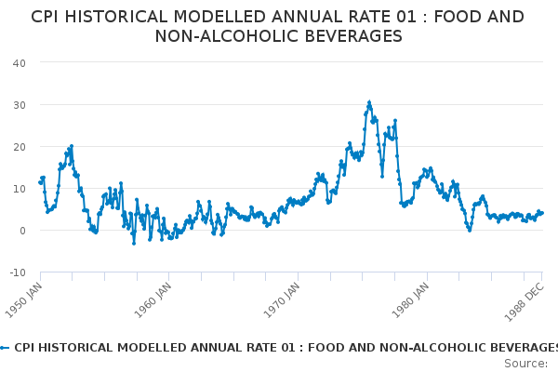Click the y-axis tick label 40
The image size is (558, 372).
[19, 62]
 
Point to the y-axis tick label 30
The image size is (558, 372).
[19, 104]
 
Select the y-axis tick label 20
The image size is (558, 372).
[19, 146]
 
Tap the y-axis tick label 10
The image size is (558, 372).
[19, 188]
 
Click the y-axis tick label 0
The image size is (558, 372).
[21, 230]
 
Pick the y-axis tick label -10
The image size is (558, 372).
[17, 272]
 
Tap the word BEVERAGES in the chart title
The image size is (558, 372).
[342, 36]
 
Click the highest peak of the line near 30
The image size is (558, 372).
[369, 102]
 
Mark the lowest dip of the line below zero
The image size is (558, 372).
[134, 243]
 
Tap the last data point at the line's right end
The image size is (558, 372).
[542, 213]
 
